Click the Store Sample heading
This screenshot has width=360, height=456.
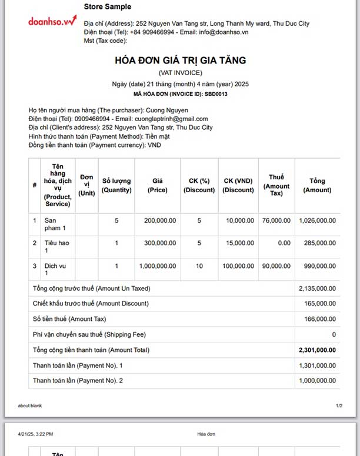tap(108, 7)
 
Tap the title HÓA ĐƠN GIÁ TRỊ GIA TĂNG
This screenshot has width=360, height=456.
tap(180, 60)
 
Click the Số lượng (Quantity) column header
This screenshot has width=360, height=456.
tap(116, 185)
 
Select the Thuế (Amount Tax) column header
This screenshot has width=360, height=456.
tap(276, 185)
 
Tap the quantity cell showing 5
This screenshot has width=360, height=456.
tap(116, 220)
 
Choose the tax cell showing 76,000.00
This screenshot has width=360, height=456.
tap(276, 220)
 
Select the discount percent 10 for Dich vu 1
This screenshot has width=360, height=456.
tap(199, 266)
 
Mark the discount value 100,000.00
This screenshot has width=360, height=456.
tap(239, 266)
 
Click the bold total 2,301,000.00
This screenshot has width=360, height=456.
tap(318, 350)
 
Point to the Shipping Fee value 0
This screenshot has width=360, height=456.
tap(334, 334)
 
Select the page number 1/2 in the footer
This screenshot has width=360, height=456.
tap(339, 406)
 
